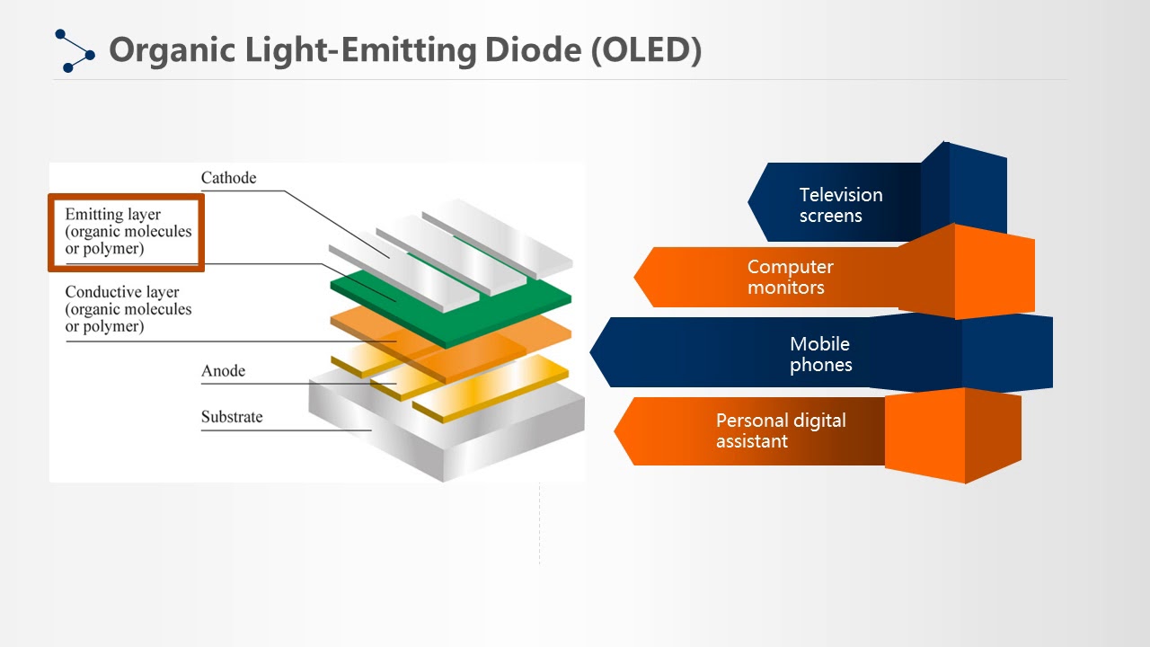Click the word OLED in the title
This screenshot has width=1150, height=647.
pyautogui.click(x=647, y=50)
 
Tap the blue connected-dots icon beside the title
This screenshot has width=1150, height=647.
pyautogui.click(x=75, y=51)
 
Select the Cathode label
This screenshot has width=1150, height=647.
pyautogui.click(x=228, y=178)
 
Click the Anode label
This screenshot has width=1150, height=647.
pyautogui.click(x=224, y=371)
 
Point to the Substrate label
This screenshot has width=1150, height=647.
pyautogui.click(x=232, y=416)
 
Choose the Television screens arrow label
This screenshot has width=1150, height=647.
pyautogui.click(x=841, y=205)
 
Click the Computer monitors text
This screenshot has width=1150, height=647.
pyautogui.click(x=790, y=277)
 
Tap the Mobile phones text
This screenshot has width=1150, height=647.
pyautogui.click(x=820, y=354)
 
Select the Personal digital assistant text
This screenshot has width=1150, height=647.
pyautogui.click(x=781, y=430)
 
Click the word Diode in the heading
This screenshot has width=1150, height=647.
pyautogui.click(x=533, y=49)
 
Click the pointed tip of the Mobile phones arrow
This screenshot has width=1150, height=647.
pyautogui.click(x=590, y=352)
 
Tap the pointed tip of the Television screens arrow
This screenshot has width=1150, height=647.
pyautogui.click(x=748, y=202)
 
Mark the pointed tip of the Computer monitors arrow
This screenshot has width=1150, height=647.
pyautogui.click(x=634, y=277)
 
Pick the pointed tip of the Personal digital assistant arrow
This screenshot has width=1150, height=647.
pyautogui.click(x=615, y=430)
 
